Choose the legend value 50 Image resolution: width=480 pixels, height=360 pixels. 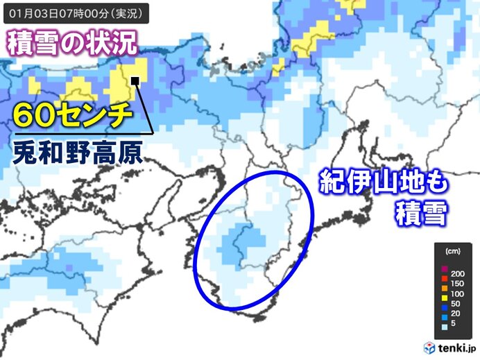click(455, 303)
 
